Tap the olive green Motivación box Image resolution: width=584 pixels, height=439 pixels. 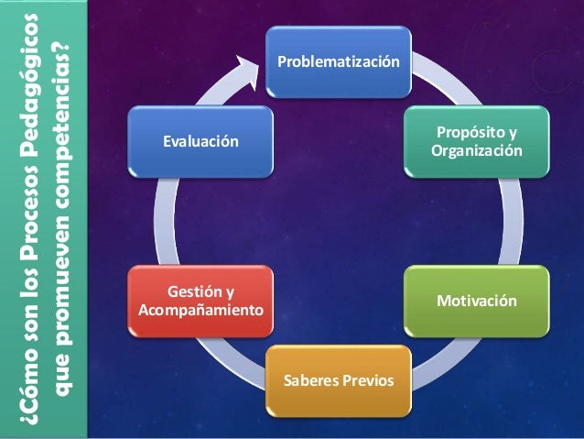click(x=477, y=301)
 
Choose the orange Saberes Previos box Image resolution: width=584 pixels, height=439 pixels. click(x=339, y=379)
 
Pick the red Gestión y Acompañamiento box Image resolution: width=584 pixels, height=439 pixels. click(x=200, y=301)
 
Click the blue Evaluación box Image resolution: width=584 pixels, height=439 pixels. click(x=200, y=141)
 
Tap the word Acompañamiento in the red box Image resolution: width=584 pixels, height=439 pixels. click(x=200, y=310)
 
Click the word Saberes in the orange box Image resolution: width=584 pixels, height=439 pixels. click(x=311, y=379)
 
